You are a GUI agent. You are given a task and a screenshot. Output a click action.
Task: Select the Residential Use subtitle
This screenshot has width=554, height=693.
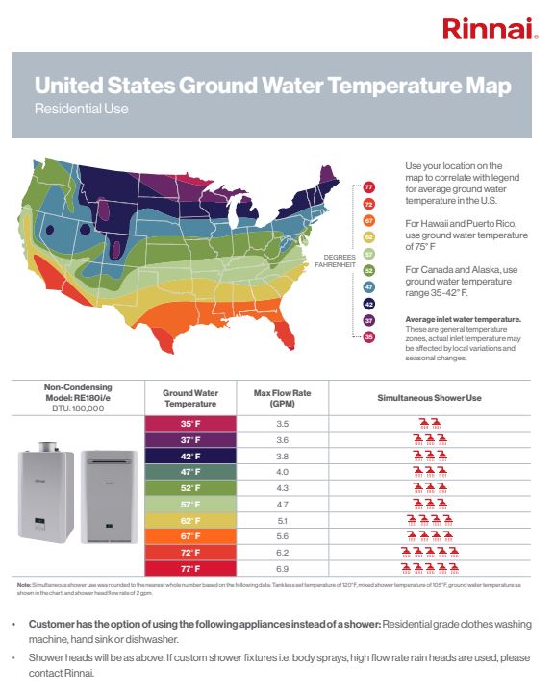coord(81,109)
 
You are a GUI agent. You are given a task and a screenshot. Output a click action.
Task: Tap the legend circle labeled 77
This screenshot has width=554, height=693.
coord(368,186)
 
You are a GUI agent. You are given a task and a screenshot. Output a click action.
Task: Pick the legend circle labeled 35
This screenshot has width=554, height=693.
coord(368,337)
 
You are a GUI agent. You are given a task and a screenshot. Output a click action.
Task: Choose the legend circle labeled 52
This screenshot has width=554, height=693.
coord(368,270)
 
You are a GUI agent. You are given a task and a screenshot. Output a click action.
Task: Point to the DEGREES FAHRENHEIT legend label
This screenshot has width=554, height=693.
coord(340,259)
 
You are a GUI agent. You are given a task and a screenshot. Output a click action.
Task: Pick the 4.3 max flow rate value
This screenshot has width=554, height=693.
coord(282,487)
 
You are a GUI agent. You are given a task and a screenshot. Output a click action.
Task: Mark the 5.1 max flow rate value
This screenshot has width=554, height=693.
coord(282,520)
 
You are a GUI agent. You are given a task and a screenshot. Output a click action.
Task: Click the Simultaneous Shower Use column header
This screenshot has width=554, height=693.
coord(429,397)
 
